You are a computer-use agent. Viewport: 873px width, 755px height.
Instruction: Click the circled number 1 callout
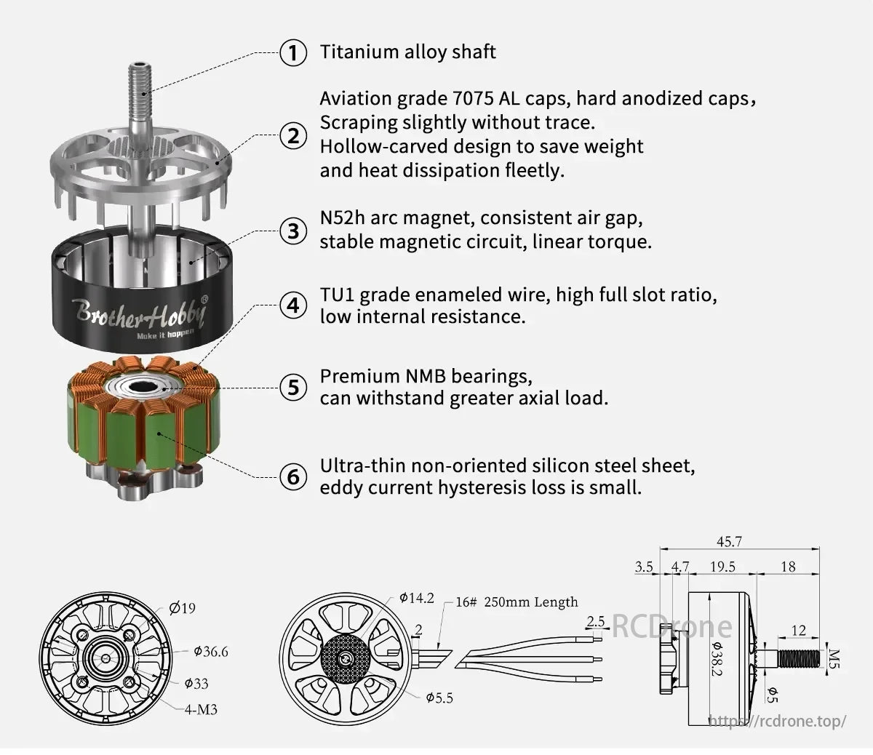point(293,52)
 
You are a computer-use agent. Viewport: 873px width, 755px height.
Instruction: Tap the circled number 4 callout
point(293,305)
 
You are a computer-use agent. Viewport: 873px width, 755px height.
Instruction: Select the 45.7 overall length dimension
point(729,542)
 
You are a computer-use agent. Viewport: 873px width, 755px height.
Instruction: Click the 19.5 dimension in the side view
point(722,567)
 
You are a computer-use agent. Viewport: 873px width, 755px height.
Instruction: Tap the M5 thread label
point(834,658)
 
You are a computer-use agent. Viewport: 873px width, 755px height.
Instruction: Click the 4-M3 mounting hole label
point(201,709)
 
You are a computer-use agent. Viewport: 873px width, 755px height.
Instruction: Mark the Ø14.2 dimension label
point(417,598)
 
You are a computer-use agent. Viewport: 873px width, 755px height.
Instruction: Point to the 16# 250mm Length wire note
point(517,602)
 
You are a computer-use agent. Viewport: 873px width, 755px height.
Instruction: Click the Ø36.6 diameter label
point(211,652)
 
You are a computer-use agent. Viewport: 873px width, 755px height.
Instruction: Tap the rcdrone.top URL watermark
point(777,721)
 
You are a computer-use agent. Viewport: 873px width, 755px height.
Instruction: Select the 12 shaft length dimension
point(799,631)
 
